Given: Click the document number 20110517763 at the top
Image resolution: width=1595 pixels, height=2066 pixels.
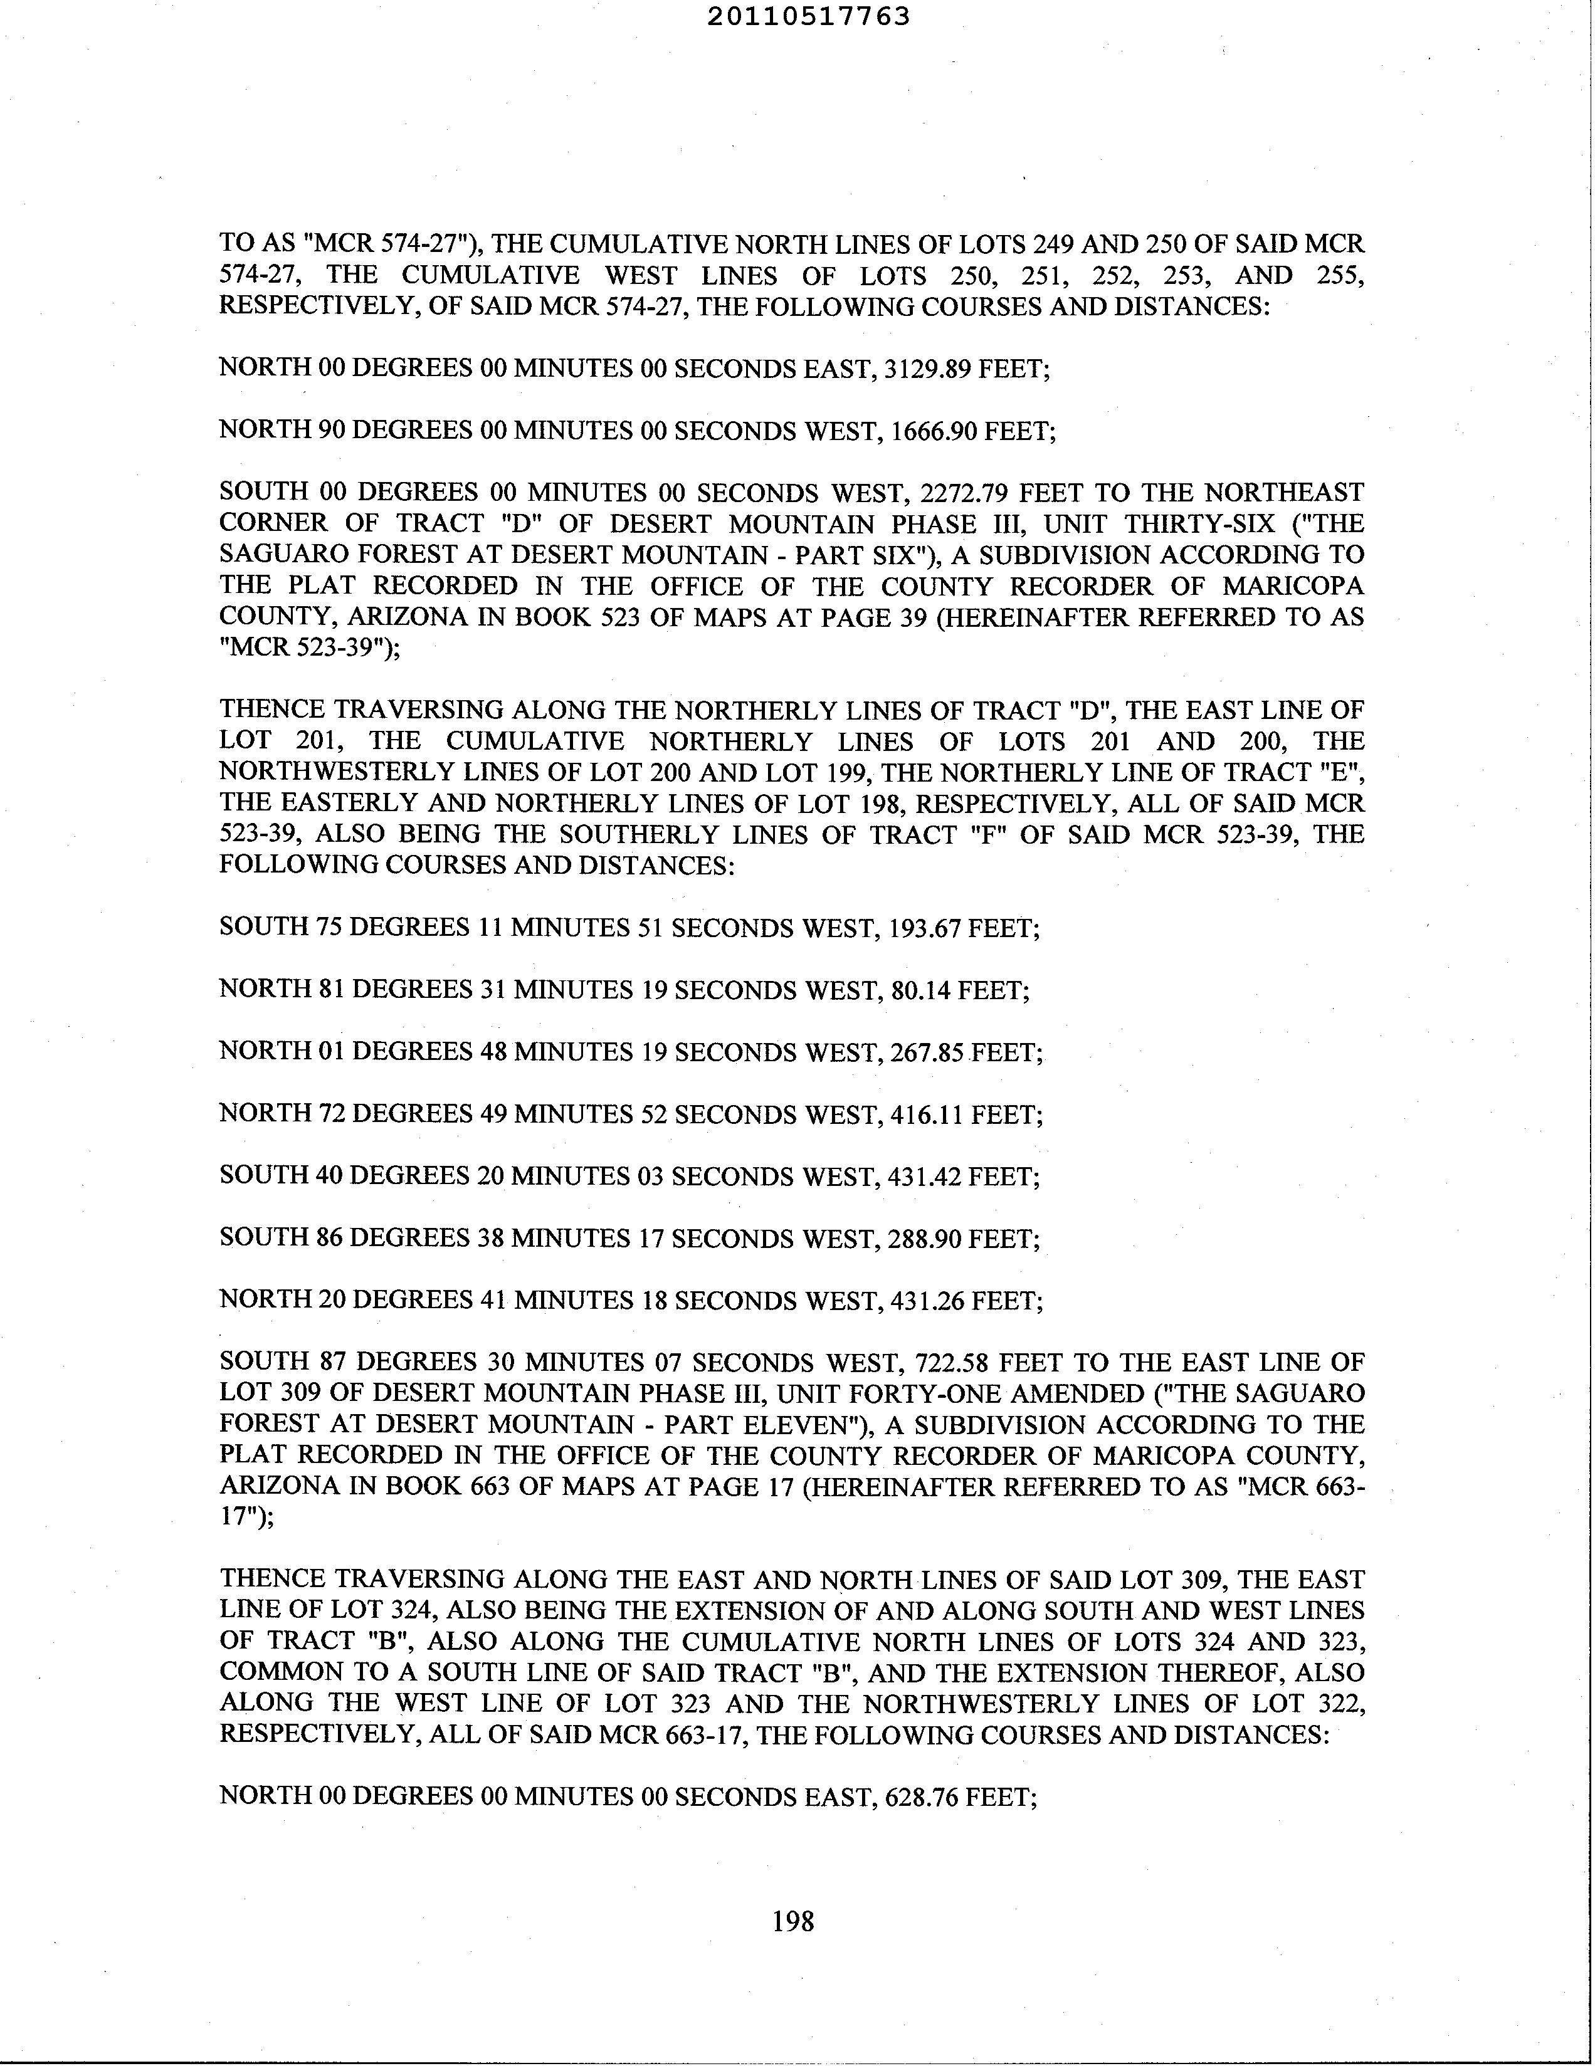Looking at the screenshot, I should point(808,16).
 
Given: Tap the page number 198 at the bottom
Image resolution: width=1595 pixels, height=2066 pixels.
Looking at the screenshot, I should point(792,1921).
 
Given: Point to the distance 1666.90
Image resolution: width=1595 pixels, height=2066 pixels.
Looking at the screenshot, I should point(932,431).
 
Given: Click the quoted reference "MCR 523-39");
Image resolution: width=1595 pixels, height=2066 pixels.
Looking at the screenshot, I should point(309,648).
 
